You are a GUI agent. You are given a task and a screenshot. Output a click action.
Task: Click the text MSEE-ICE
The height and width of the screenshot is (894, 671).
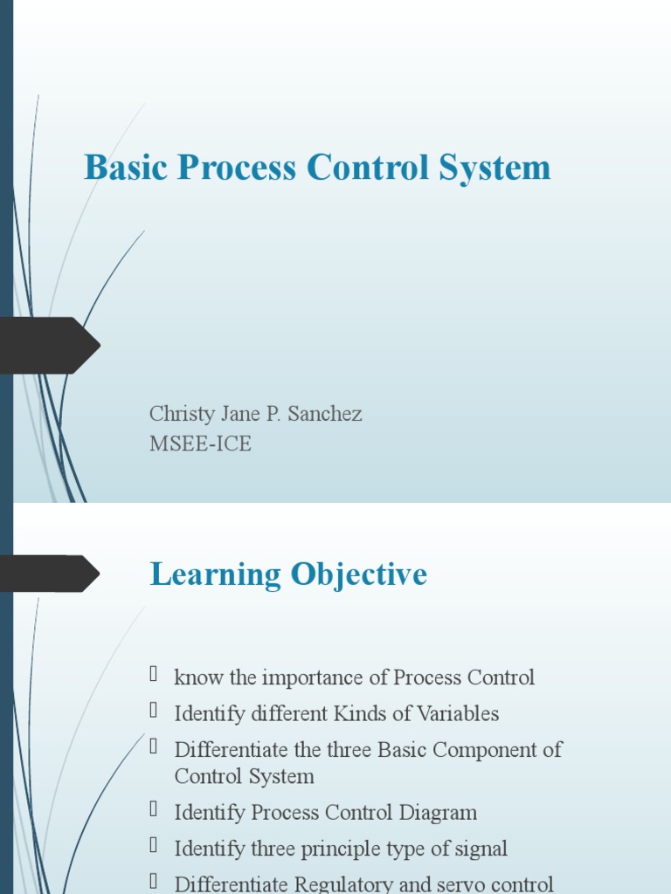coord(200,444)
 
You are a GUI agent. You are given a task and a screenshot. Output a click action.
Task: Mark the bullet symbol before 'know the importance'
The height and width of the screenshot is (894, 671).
coord(154,675)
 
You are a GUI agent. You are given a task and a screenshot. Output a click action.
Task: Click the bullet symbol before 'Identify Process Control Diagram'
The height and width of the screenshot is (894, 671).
coord(154,810)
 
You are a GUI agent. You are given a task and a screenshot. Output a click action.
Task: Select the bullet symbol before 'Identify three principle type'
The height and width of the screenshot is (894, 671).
coord(154,846)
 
